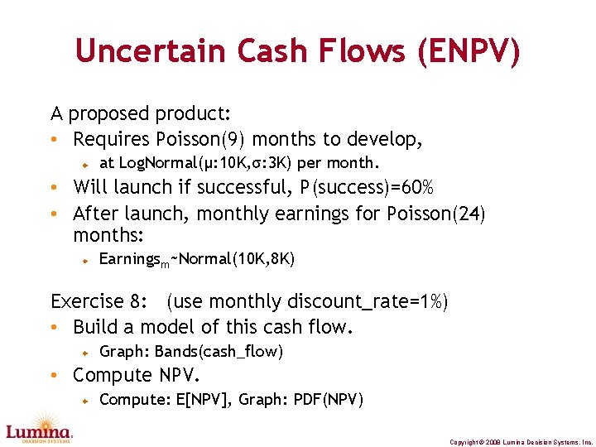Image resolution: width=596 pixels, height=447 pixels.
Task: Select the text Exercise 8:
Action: coord(103,301)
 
